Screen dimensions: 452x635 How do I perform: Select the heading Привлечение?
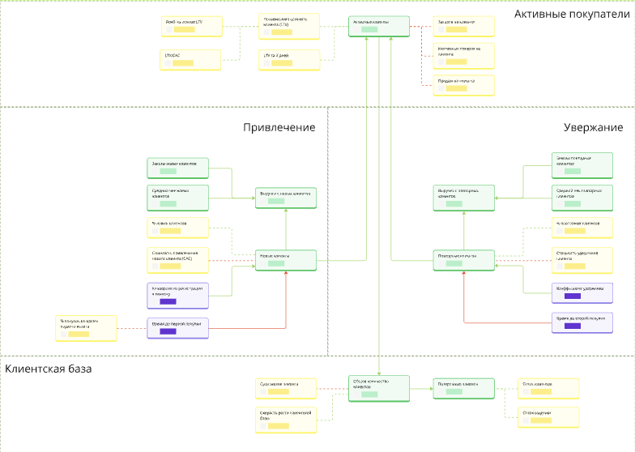pyautogui.click(x=279, y=127)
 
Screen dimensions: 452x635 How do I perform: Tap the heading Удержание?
pyautogui.click(x=593, y=127)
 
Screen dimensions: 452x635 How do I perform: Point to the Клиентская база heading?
pyautogui.click(x=49, y=369)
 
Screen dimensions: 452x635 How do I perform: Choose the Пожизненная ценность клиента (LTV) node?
pyautogui.click(x=289, y=26)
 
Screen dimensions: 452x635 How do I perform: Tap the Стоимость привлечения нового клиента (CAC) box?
pyautogui.click(x=177, y=259)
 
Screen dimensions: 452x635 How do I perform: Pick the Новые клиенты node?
pyautogui.click(x=284, y=259)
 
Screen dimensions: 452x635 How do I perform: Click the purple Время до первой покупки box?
pyautogui.click(x=177, y=327)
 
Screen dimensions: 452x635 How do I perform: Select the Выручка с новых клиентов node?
pyautogui.click(x=284, y=197)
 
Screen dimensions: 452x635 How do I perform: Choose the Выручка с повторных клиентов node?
pyautogui.click(x=462, y=197)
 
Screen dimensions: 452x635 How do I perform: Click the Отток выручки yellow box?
pyautogui.click(x=550, y=417)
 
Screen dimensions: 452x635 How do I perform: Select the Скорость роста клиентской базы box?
pyautogui.click(x=284, y=417)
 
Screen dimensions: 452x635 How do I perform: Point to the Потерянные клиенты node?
pyautogui.click(x=462, y=387)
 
